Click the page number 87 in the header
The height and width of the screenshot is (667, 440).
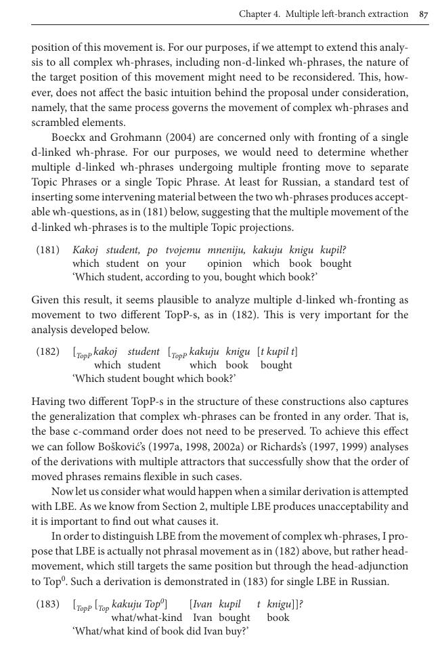(x=424, y=14)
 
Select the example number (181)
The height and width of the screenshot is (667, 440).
(x=47, y=251)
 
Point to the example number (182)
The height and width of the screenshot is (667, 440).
(x=47, y=352)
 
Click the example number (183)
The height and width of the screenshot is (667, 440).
(x=47, y=605)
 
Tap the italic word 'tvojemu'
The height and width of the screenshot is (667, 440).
(x=183, y=251)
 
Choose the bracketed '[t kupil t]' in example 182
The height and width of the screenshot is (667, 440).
(x=277, y=351)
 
